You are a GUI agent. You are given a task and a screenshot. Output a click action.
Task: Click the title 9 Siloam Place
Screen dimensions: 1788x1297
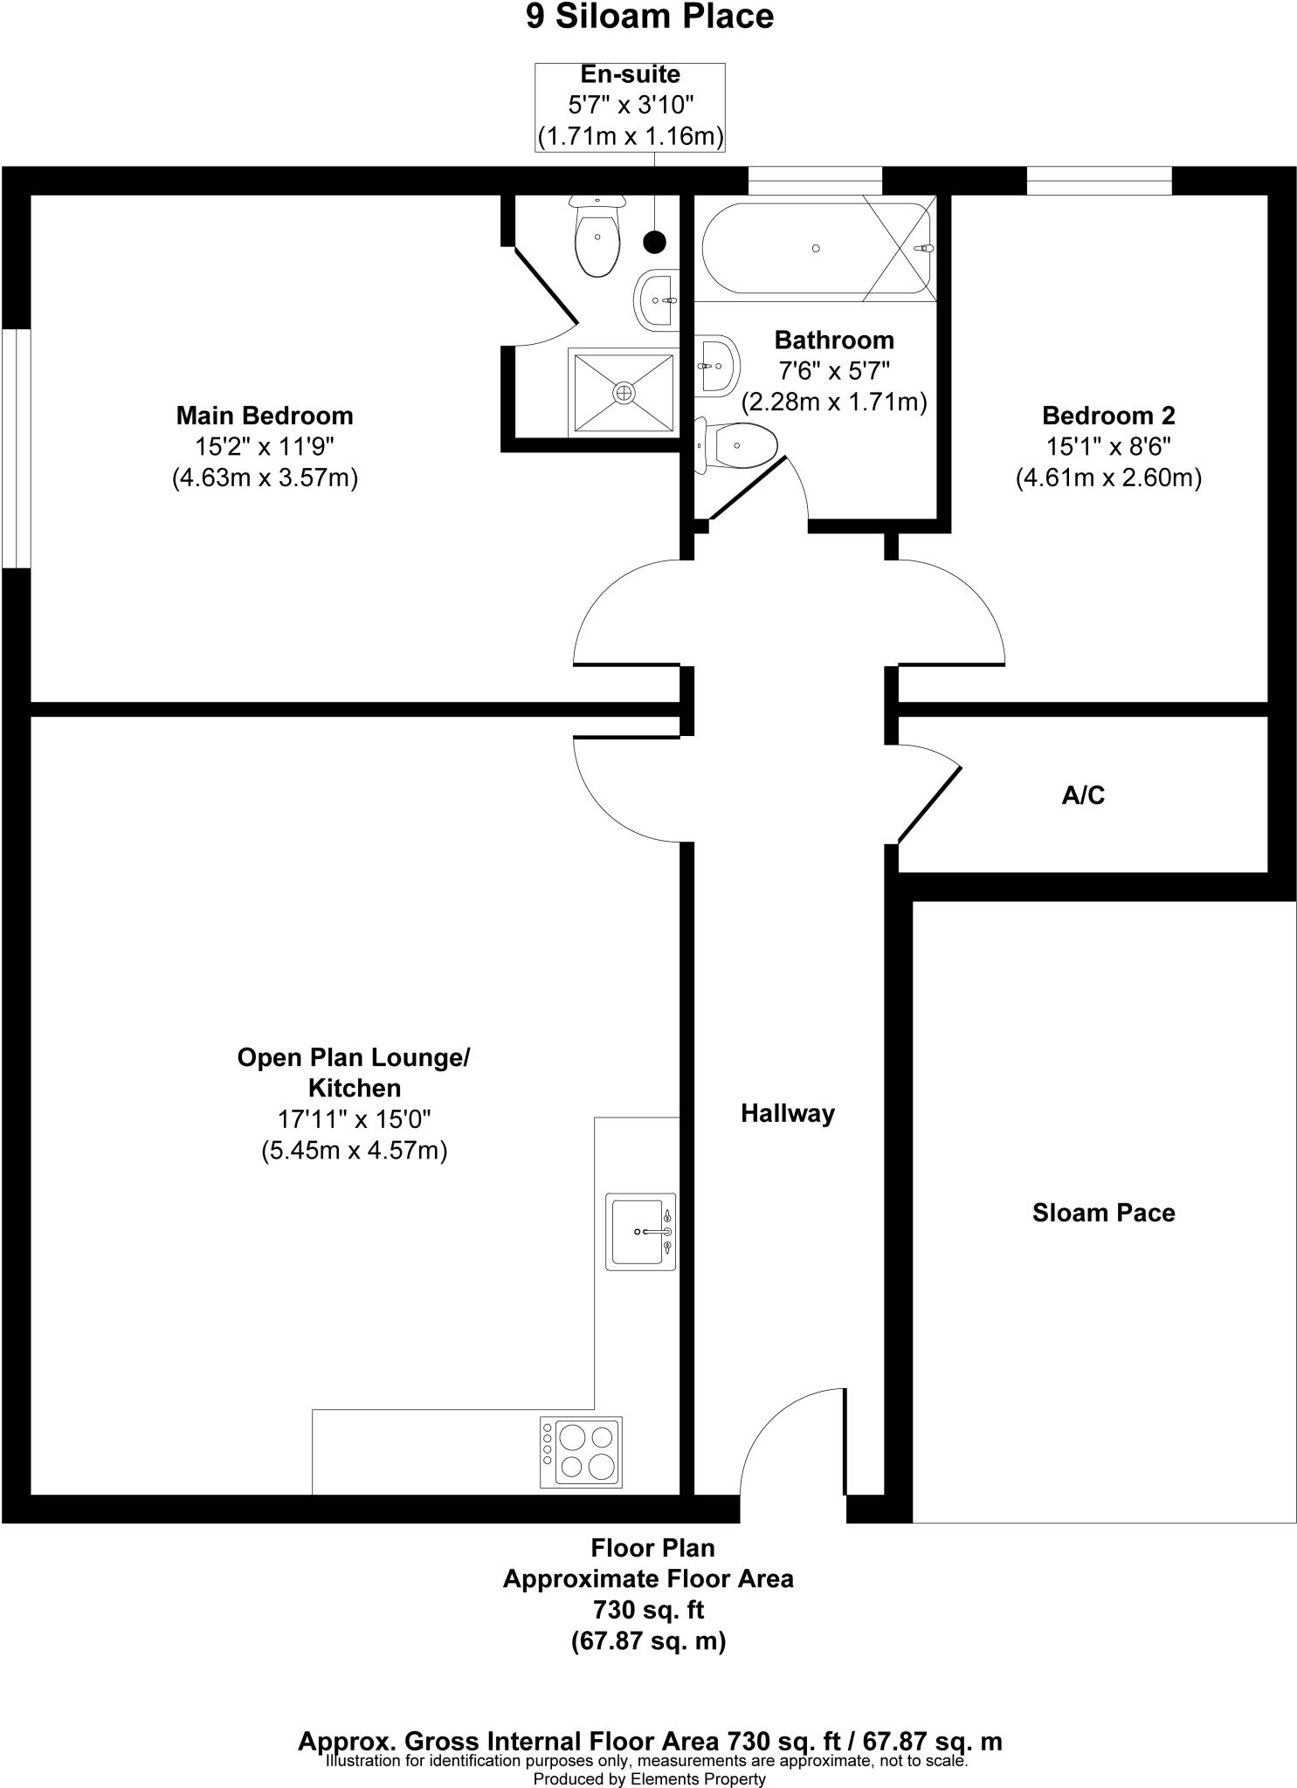(x=649, y=17)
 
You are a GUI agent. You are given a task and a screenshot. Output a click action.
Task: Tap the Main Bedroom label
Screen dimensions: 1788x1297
(x=265, y=416)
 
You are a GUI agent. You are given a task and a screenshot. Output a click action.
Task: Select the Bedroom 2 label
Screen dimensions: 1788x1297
(x=1108, y=416)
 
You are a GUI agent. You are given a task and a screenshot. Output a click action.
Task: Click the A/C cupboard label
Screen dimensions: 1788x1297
(x=1083, y=795)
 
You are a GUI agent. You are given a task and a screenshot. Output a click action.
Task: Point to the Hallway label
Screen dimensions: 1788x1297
(x=787, y=1113)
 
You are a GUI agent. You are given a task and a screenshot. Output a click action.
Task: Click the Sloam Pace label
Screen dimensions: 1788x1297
(x=1103, y=1213)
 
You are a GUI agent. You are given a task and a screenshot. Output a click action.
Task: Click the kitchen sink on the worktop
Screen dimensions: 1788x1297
(x=640, y=1231)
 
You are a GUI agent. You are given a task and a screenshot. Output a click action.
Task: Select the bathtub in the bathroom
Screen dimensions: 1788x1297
(x=815, y=248)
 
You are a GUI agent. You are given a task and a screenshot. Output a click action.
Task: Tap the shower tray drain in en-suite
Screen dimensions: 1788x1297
(x=624, y=393)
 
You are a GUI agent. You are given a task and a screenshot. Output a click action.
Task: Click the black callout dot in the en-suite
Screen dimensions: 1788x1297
(x=654, y=242)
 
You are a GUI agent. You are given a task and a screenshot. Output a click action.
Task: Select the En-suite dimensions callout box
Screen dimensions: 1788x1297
(x=630, y=107)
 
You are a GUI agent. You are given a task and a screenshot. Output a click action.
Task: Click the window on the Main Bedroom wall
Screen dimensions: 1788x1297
(x=16, y=448)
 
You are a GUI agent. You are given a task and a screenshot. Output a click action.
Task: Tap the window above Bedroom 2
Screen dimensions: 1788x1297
(x=1098, y=181)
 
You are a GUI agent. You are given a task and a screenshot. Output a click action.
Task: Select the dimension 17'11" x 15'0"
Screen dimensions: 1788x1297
(x=354, y=1119)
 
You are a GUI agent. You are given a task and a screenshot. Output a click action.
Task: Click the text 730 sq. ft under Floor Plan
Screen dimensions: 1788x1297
(x=648, y=1608)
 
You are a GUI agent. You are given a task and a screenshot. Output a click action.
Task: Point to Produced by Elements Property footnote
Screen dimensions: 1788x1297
(x=649, y=1778)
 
